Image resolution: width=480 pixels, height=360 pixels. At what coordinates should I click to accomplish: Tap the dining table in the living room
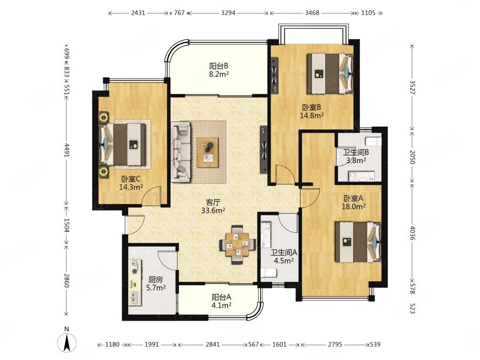coord(238,245)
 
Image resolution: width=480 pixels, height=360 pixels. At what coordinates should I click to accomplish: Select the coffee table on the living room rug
coord(207,153)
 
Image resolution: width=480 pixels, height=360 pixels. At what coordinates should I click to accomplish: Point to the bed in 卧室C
coord(122,144)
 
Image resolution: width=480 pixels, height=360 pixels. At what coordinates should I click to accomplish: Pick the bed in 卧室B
coord(330,73)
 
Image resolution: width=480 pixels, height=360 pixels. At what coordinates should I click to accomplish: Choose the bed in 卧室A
coord(358,242)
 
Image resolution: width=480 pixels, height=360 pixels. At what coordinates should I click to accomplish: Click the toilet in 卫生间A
coord(268,273)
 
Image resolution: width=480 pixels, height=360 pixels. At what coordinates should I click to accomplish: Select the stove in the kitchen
coord(135,267)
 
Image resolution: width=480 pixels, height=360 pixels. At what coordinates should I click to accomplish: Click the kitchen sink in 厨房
coord(134,297)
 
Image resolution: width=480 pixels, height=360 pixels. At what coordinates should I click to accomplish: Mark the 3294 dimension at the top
coord(228,13)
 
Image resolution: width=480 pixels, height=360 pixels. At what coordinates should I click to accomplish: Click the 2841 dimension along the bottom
coord(213,344)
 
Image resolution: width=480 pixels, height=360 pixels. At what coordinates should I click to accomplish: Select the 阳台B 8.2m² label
coord(219,70)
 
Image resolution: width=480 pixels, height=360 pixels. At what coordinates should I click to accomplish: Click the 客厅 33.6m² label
coord(214,206)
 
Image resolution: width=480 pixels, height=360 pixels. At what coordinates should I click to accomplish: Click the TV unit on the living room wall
coord(264,149)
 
